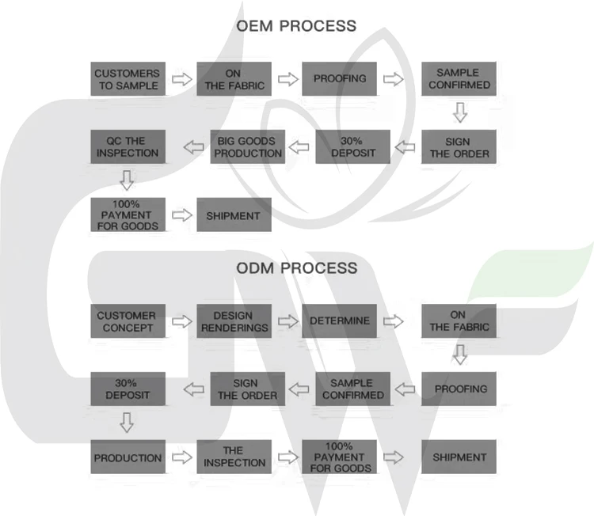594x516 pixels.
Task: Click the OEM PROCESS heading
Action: tap(296, 26)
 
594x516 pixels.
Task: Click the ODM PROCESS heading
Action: tap(296, 267)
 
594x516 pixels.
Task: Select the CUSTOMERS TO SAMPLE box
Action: tap(128, 78)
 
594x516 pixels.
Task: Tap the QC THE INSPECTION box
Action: tap(128, 146)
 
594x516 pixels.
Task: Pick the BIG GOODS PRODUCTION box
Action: tap(248, 146)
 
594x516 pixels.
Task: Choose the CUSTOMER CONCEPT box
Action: tap(128, 321)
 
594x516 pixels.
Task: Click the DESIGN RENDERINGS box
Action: tap(234, 321)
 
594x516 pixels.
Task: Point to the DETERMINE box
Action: tap(339, 321)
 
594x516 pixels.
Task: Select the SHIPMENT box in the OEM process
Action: tap(234, 214)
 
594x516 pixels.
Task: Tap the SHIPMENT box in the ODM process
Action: tap(459, 457)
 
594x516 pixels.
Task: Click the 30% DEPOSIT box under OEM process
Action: tap(353, 146)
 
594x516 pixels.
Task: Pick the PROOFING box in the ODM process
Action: tap(459, 389)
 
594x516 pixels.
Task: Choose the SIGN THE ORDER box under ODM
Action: tap(248, 389)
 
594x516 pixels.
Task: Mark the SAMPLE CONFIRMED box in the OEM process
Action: tap(459, 78)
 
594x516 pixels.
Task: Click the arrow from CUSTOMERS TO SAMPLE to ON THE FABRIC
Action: tap(181, 79)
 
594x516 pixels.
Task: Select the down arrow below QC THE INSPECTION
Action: tap(128, 180)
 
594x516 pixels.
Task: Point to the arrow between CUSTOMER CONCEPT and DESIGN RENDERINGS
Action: tap(181, 321)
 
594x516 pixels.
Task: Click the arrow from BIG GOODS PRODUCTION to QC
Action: tap(194, 146)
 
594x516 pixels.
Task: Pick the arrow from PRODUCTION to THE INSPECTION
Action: tap(181, 457)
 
